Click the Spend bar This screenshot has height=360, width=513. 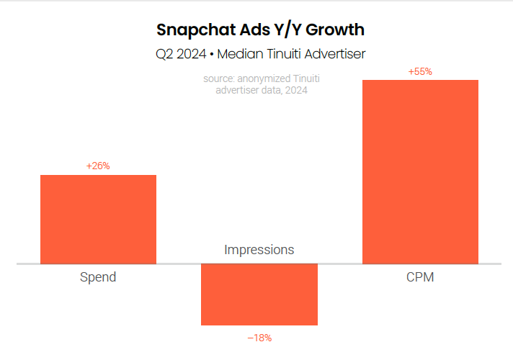[98, 219]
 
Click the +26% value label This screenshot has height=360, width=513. [98, 166]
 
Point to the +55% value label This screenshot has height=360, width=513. [420, 72]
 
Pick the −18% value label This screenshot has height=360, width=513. [259, 337]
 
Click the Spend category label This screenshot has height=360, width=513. [98, 277]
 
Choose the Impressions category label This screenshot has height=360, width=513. [259, 250]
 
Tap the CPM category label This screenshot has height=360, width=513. [420, 277]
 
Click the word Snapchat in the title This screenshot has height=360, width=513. [192, 30]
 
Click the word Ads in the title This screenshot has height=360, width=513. [246, 30]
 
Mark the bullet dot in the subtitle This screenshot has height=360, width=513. [212, 53]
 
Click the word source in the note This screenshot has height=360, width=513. [218, 79]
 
